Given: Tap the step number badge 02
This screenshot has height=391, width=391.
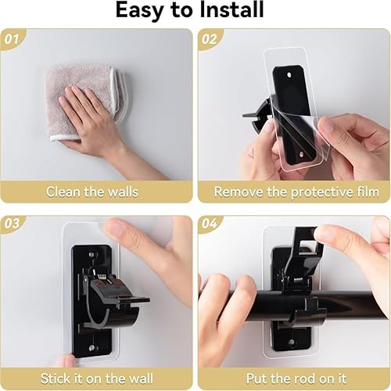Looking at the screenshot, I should pyautogui.click(x=209, y=38).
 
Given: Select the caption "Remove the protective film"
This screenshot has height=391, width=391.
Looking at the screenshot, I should pyautogui.click(x=296, y=191).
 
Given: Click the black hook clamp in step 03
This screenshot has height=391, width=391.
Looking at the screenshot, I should pyautogui.click(x=109, y=301).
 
